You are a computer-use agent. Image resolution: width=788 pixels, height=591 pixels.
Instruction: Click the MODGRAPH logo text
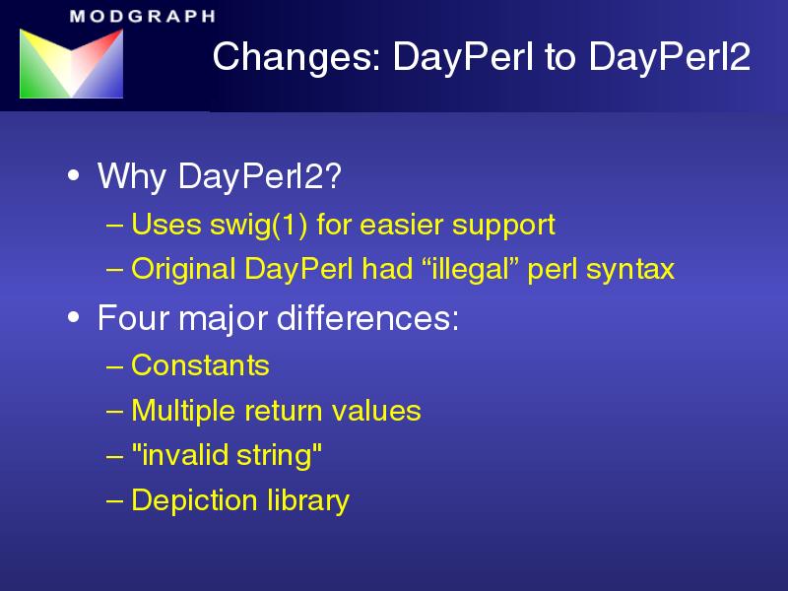143,16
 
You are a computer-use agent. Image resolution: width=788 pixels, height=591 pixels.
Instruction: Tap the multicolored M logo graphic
71,63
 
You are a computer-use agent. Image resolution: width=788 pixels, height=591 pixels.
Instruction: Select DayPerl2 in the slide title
670,56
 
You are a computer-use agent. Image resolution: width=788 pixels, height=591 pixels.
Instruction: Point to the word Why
132,177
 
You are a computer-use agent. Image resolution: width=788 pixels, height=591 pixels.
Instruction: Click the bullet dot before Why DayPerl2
73,176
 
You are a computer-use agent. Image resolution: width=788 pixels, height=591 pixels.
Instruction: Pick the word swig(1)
258,225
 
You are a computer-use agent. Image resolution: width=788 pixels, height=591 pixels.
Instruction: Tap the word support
503,226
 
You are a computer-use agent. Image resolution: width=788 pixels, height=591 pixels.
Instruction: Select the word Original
183,269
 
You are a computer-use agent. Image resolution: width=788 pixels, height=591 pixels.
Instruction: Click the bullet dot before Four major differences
73,317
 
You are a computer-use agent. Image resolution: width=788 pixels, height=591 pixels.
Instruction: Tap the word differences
367,318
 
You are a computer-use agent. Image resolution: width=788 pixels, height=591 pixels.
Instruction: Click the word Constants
200,365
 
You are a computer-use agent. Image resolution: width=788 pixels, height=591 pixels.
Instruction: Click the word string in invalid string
279,455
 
